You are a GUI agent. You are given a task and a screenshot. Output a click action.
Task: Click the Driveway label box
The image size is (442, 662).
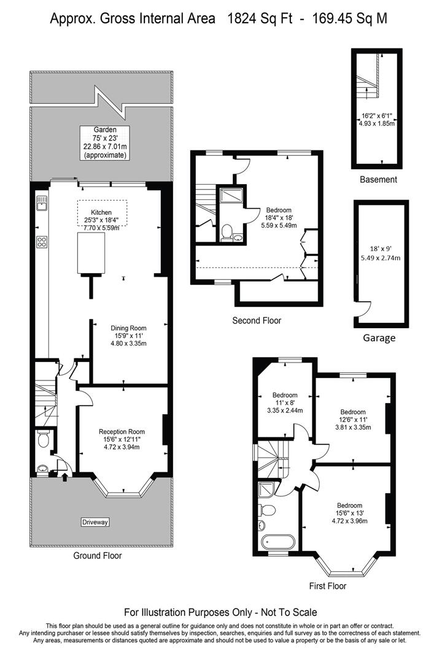tap(95, 522)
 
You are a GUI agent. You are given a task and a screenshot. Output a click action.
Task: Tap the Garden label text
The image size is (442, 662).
tap(104, 130)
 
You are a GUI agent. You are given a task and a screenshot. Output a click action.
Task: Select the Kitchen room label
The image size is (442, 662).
tap(101, 212)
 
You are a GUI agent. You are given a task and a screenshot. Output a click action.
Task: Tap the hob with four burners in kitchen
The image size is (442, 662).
tap(42, 242)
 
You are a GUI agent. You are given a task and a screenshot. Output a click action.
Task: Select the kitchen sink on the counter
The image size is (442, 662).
tap(41, 202)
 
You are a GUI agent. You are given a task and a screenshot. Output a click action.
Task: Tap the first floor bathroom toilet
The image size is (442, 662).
tap(268, 509)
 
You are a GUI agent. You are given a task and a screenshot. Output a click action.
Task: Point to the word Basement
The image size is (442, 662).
tap(379, 180)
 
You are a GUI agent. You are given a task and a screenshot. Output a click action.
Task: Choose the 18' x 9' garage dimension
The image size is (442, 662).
tap(379, 249)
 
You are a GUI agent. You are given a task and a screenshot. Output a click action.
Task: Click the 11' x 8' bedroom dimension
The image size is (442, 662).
tap(285, 403)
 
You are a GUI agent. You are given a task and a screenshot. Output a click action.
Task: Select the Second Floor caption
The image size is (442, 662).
tap(257, 320)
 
